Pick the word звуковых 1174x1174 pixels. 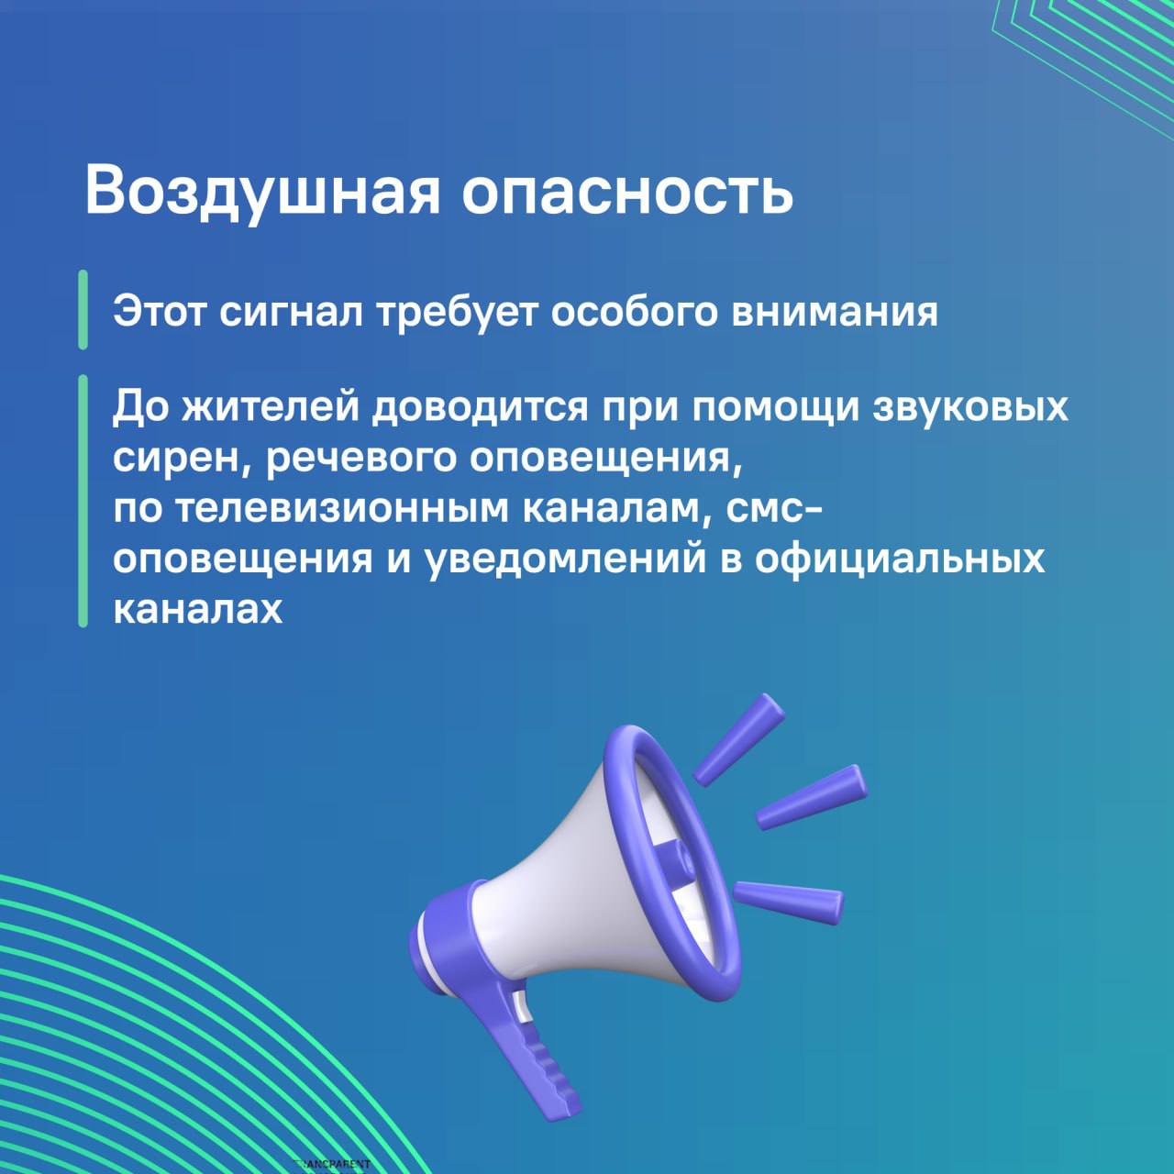(970, 408)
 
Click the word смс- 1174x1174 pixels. (769, 511)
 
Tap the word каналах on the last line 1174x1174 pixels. (198, 608)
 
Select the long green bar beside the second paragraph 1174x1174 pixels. (83, 501)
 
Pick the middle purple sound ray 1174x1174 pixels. (811, 797)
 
